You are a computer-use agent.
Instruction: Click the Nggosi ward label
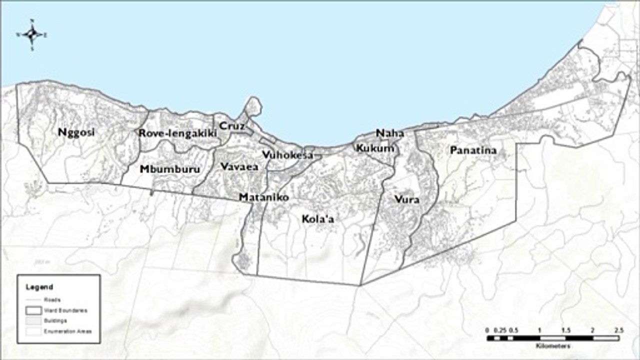(76, 132)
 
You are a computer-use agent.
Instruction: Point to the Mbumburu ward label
(169, 169)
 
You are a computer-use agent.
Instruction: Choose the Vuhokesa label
(287, 155)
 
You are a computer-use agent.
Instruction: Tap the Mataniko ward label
(263, 197)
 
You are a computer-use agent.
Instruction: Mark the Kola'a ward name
(317, 219)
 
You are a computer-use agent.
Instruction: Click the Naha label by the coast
(389, 133)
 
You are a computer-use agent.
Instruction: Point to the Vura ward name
(406, 199)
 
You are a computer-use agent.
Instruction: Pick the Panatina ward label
(472, 150)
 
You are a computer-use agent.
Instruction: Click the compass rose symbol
(32, 34)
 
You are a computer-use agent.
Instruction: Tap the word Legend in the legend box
(39, 287)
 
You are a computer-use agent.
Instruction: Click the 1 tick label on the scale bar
(539, 330)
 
